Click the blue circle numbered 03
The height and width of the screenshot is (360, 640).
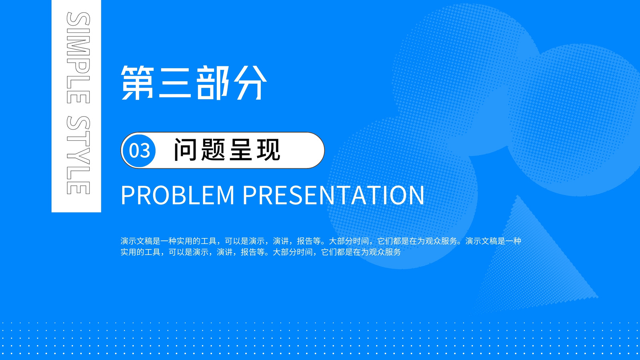[139, 150]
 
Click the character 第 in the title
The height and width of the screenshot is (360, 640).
[138, 82]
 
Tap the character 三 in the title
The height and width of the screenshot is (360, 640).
[174, 83]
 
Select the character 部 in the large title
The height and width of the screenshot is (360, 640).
[213, 82]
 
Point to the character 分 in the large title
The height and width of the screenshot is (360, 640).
[250, 82]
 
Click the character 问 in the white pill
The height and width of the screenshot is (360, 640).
[186, 150]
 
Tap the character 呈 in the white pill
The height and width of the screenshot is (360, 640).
[240, 150]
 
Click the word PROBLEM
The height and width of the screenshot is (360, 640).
[178, 195]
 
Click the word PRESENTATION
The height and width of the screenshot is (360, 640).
[334, 195]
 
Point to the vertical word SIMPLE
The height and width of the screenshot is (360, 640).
[78, 58]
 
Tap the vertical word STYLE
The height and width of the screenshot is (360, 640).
[78, 156]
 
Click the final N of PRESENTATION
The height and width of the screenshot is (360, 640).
[416, 195]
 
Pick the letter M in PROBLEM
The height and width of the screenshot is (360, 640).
[224, 195]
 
